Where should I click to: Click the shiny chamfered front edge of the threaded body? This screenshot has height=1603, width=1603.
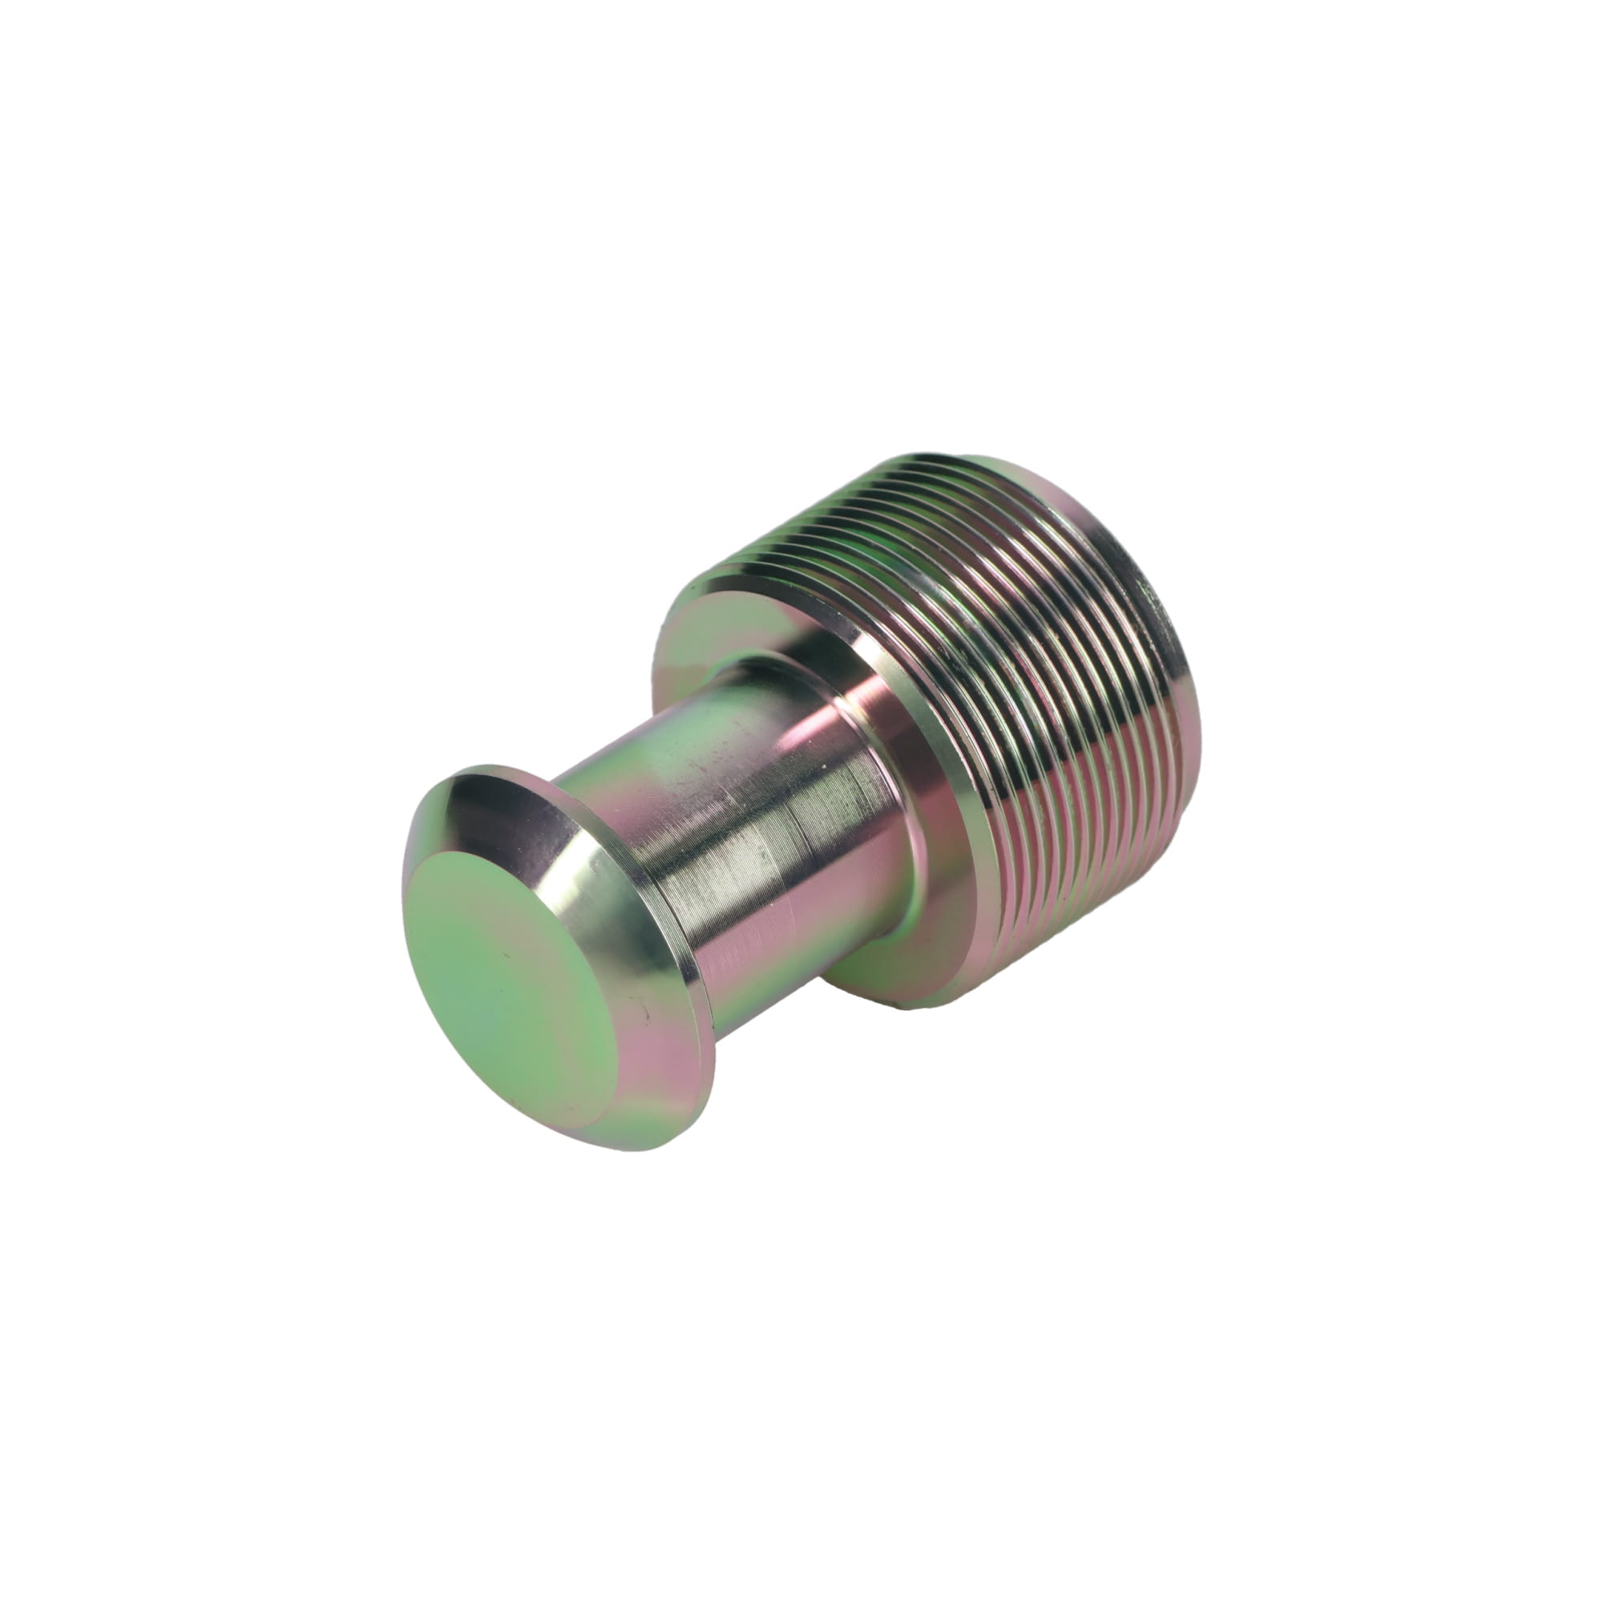pos(946,797)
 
